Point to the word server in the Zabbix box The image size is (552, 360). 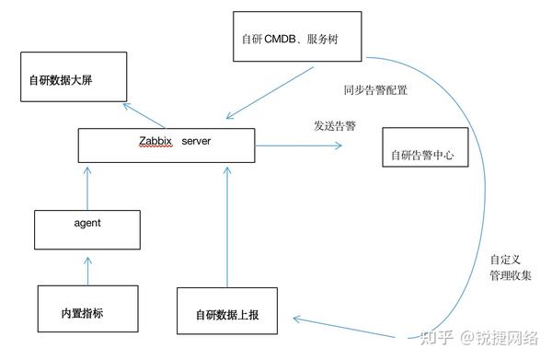pyautogui.click(x=195, y=141)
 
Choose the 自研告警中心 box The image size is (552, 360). pyautogui.click(x=422, y=155)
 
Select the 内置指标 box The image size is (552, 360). pyautogui.click(x=83, y=309)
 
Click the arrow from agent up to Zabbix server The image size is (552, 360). pyautogui.click(x=88, y=191)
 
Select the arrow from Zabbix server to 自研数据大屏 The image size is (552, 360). pyautogui.click(x=144, y=116)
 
